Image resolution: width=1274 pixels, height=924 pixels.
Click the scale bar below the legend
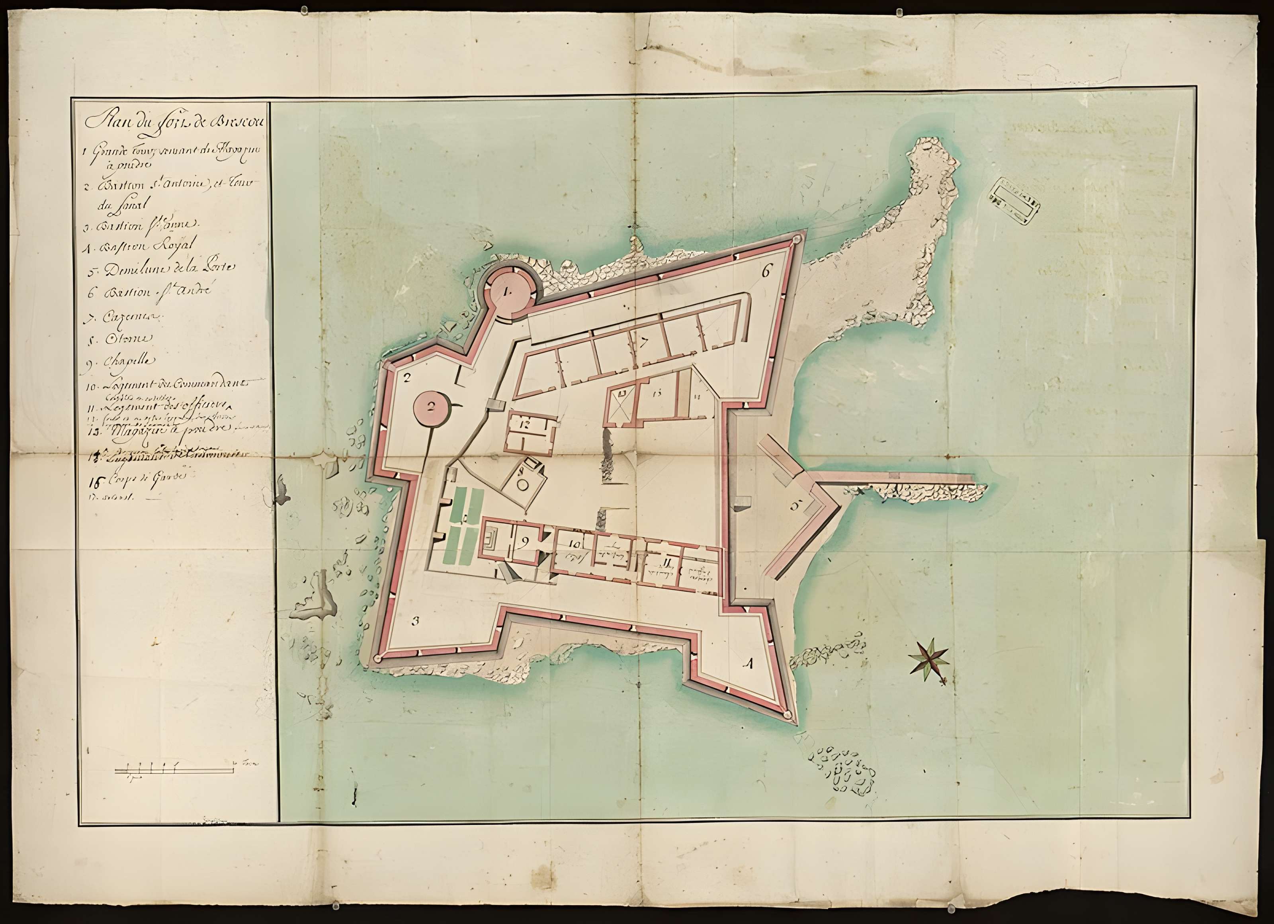(175, 771)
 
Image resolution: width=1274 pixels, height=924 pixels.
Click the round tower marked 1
(507, 292)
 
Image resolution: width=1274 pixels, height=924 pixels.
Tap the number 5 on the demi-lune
(795, 505)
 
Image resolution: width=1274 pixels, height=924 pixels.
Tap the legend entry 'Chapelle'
(120, 362)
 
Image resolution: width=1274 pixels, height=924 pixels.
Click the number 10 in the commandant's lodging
(574, 544)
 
